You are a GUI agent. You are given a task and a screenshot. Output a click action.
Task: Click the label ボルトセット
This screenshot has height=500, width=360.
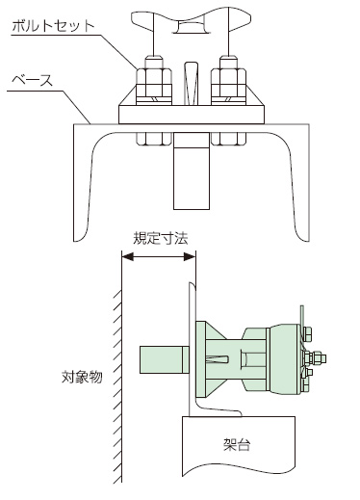click(53, 26)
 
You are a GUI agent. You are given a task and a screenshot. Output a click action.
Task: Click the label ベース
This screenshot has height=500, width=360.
click(32, 80)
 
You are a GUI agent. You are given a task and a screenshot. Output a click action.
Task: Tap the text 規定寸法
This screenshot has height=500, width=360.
click(160, 238)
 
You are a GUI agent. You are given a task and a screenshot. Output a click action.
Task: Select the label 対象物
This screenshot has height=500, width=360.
click(82, 377)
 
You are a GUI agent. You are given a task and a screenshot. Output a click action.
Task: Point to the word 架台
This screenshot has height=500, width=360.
click(237, 445)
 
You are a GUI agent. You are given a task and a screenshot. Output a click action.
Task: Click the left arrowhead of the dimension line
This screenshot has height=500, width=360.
click(127, 256)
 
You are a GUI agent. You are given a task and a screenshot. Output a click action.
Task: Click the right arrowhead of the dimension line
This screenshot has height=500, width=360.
click(190, 256)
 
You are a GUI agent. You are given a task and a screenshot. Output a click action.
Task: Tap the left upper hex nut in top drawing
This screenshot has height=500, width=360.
click(154, 82)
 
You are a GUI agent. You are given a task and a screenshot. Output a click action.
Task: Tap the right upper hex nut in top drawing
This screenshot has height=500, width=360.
click(228, 82)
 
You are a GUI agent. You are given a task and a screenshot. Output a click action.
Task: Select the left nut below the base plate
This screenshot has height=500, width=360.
click(154, 139)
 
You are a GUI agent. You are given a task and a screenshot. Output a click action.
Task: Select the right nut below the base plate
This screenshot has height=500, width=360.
click(228, 139)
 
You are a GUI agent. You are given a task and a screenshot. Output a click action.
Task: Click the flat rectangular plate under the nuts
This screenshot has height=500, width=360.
click(192, 115)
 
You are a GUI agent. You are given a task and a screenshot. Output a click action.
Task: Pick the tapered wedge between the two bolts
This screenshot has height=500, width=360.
click(192, 83)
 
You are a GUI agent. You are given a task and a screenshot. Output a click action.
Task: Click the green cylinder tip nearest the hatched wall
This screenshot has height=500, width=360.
click(165, 359)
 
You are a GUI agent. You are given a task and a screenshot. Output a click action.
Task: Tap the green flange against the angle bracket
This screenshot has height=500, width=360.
click(201, 359)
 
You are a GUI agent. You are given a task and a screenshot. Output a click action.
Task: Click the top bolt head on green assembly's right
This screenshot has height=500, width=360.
click(307, 334)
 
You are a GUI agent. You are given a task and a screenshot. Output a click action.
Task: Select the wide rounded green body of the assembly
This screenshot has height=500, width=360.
click(285, 359)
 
